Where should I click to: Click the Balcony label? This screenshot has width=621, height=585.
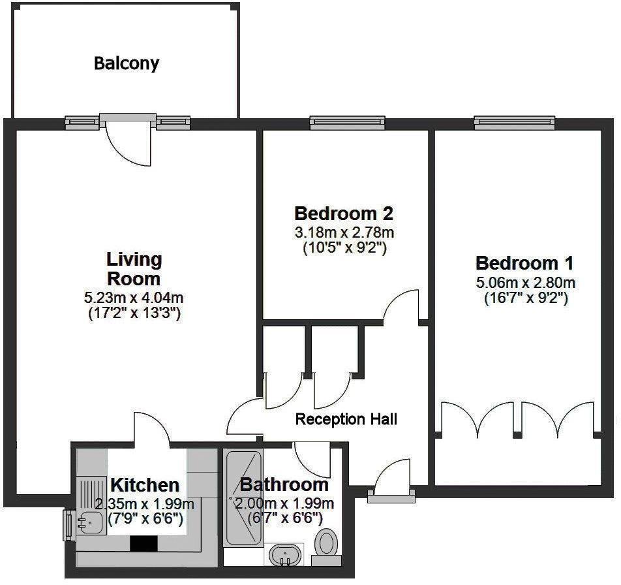[x=127, y=63]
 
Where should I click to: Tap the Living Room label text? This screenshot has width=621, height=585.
[x=134, y=269]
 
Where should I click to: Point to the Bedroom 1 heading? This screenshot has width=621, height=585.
[x=524, y=264]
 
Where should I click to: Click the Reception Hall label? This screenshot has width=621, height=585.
[x=346, y=419]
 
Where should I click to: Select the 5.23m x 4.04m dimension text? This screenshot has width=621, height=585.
[x=134, y=298]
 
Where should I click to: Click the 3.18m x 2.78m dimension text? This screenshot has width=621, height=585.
[x=345, y=232]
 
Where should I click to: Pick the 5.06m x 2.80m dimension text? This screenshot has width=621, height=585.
[x=525, y=283]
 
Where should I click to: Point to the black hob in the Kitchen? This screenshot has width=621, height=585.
[x=144, y=544]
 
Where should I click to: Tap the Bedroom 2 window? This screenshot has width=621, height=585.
[x=345, y=122]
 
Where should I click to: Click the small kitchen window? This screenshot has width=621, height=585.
[x=67, y=525]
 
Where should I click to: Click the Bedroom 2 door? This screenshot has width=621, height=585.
[x=401, y=306]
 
